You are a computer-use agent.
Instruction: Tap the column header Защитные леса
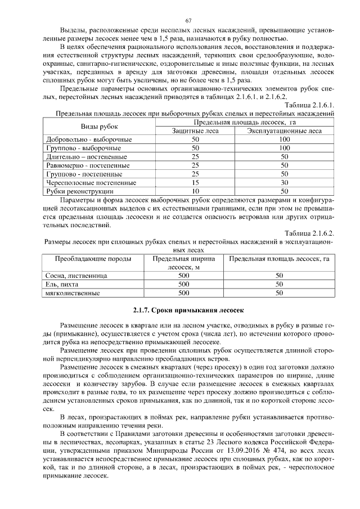click(195, 130)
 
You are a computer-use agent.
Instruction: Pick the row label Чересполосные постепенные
click(90, 182)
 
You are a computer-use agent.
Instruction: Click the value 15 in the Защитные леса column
click(195, 182)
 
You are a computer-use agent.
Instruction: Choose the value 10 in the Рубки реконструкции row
click(195, 191)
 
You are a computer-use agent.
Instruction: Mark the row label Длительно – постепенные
click(87, 156)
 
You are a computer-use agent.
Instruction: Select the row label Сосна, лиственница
click(75, 276)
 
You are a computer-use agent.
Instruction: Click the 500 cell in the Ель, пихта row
click(183, 285)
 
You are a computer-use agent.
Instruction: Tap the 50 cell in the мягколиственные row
click(278, 293)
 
